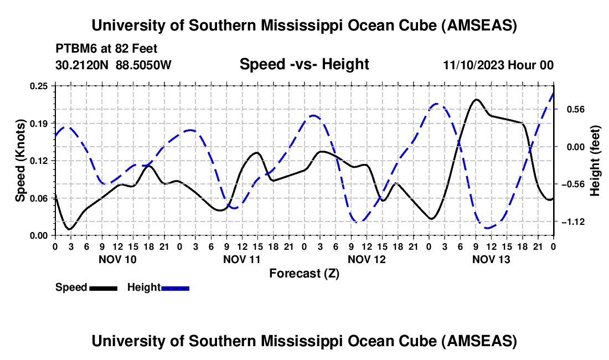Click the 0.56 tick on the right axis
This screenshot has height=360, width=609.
[x=571, y=109]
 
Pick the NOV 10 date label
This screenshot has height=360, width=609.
[x=117, y=259]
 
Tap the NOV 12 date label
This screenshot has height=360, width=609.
[x=367, y=259]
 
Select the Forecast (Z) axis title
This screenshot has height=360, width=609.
[x=304, y=273]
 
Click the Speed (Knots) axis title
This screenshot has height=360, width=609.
[x=20, y=161]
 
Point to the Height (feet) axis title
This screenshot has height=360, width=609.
[x=595, y=161]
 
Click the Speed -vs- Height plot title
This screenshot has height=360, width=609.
[x=304, y=64]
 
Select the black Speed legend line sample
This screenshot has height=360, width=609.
[x=102, y=287]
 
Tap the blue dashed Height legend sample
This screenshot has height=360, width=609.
[x=175, y=287]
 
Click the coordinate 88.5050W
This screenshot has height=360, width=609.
[x=144, y=65]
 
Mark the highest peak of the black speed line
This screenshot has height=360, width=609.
[x=476, y=100]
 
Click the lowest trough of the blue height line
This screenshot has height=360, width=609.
[x=487, y=228]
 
